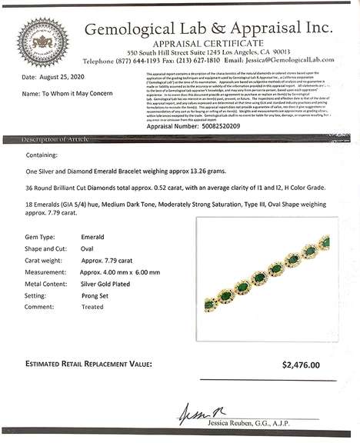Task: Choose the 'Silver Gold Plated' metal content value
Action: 108,282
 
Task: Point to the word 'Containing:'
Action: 42,154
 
